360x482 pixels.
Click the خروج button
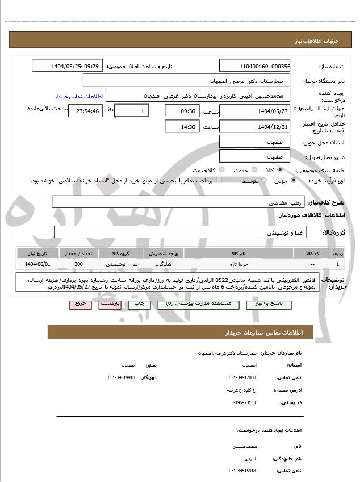(x=79, y=304)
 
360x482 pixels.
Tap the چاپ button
(x=139, y=304)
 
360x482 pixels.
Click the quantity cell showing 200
(x=79, y=264)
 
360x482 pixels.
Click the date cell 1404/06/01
(x=37, y=264)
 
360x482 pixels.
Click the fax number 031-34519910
(x=122, y=377)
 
